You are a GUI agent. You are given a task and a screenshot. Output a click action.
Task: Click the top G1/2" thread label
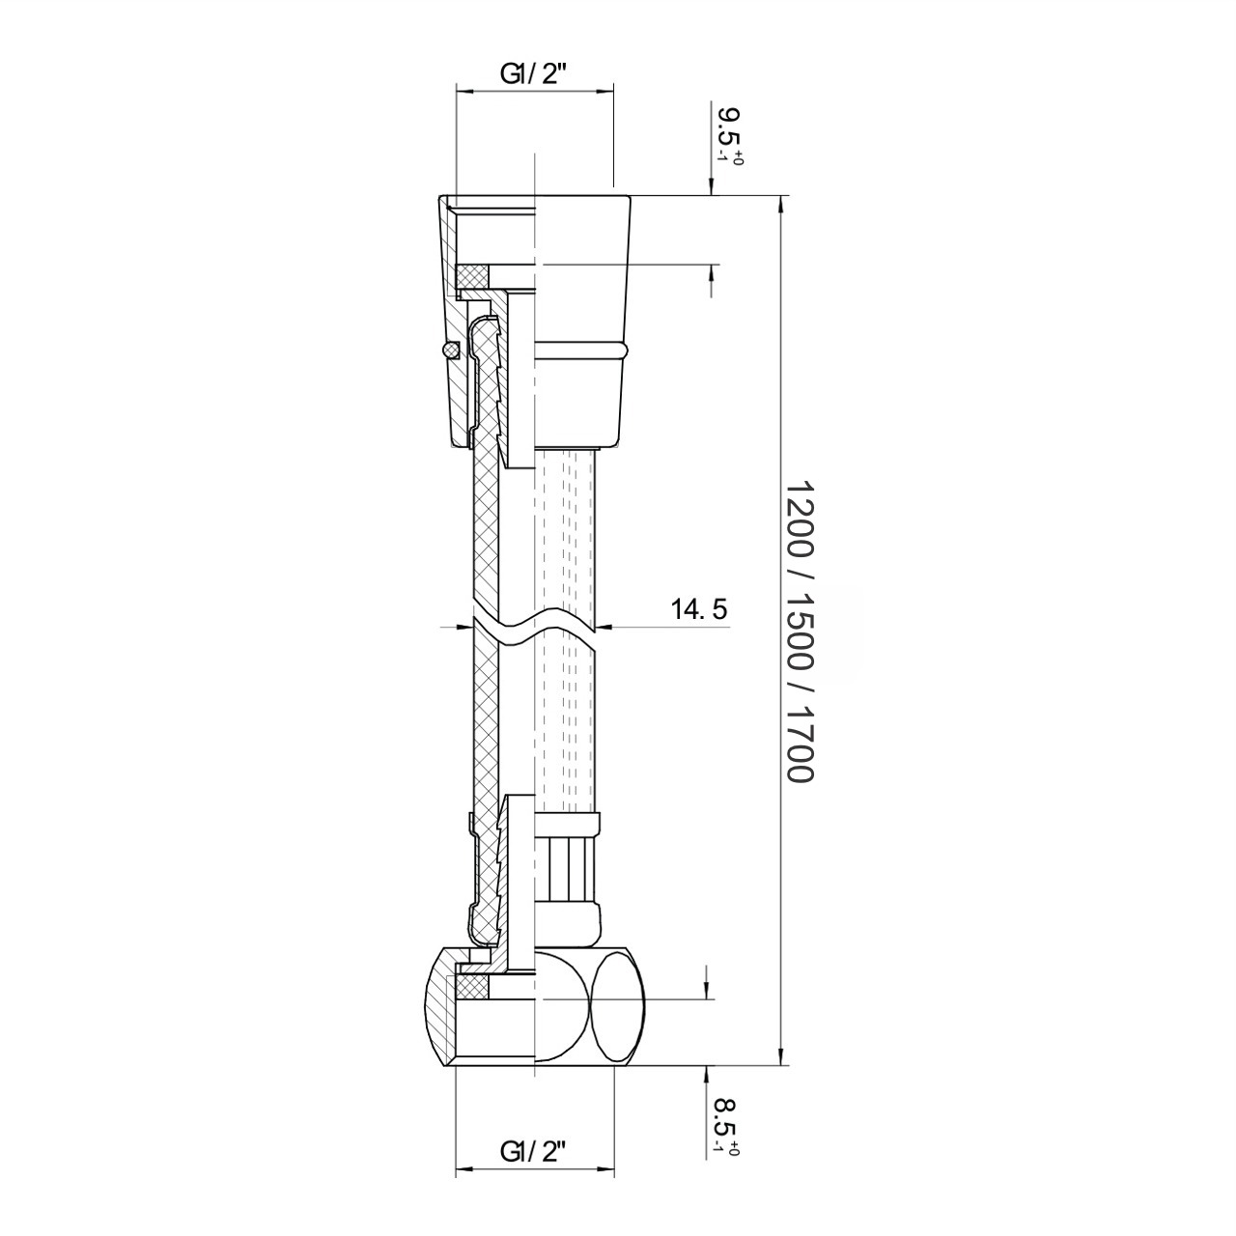534,75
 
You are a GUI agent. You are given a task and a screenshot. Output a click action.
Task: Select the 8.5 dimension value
729,1122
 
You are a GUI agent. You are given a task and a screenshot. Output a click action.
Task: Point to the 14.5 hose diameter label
698,608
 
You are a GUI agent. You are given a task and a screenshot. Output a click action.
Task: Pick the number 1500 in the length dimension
800,630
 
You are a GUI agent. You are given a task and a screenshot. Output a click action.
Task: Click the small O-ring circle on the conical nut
450,349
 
